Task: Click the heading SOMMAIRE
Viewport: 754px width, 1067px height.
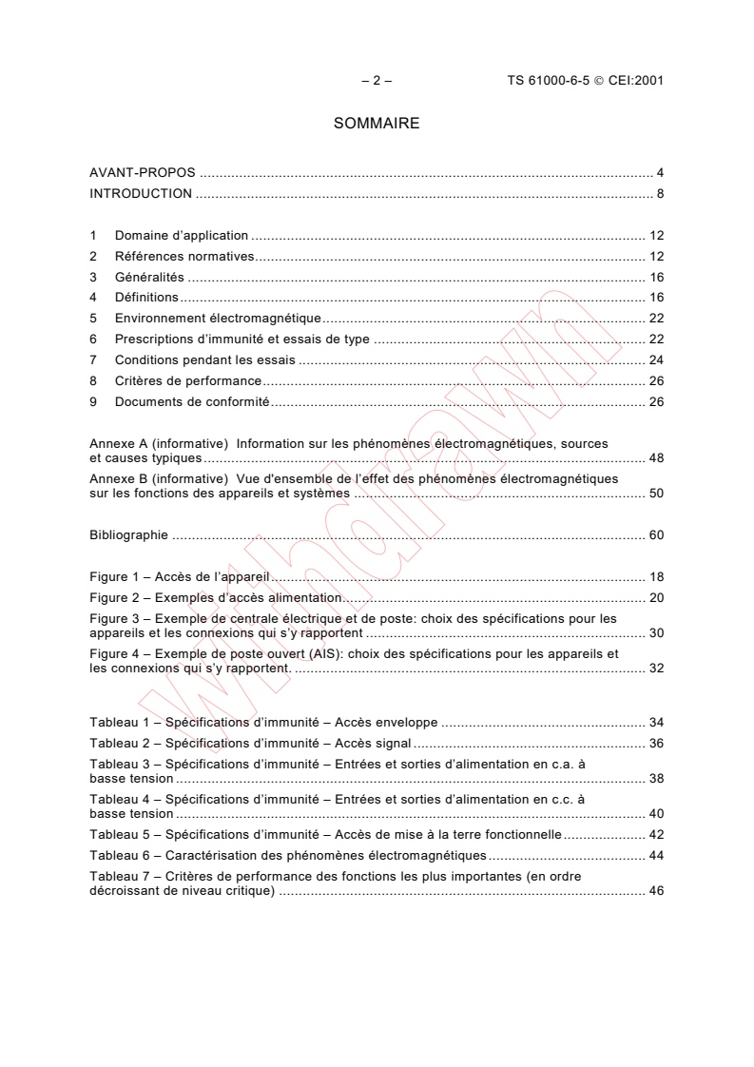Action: [377, 124]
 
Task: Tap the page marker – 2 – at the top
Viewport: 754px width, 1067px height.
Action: [377, 81]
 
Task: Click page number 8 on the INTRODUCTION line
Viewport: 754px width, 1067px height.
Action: [659, 194]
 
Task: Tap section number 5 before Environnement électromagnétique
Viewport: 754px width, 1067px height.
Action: [93, 319]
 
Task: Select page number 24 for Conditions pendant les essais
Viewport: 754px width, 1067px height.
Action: [656, 360]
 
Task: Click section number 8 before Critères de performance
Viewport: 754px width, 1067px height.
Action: [93, 381]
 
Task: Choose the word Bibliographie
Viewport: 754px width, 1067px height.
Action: [128, 534]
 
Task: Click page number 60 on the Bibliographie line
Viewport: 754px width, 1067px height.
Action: [656, 534]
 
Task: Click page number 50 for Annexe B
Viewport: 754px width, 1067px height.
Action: [656, 493]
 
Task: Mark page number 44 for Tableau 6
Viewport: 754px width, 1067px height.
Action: [656, 856]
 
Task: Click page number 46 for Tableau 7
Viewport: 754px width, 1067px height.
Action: [656, 891]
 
